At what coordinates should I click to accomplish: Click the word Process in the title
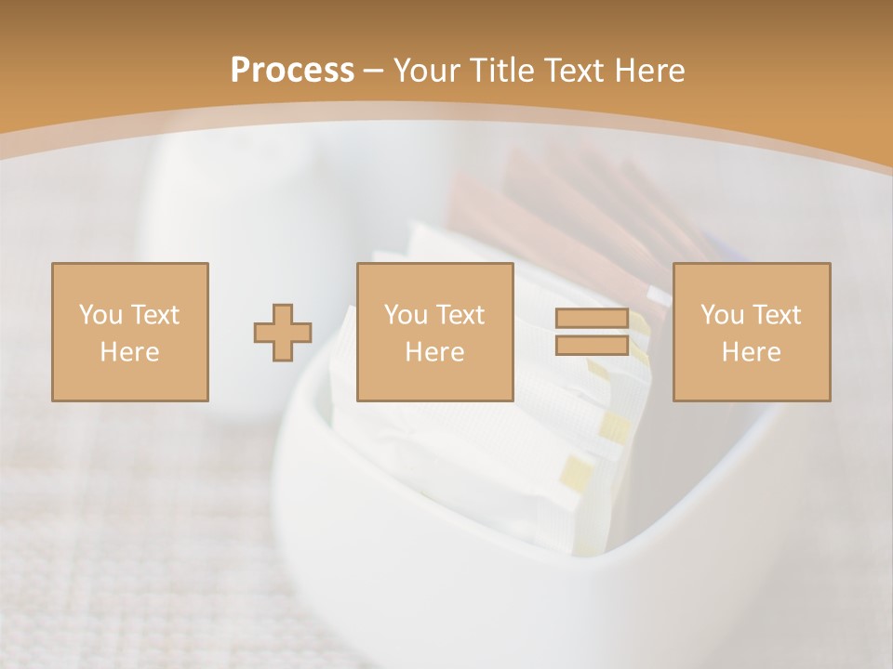point(292,71)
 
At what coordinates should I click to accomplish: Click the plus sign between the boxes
point(284,333)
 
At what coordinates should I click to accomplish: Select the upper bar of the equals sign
point(591,319)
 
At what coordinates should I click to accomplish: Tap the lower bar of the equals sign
point(591,346)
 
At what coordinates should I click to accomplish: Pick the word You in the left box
point(100,315)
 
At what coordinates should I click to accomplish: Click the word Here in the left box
point(129,352)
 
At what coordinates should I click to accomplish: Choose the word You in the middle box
point(406,315)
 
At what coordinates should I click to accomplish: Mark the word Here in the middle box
point(434,352)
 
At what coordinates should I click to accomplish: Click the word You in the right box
point(722,315)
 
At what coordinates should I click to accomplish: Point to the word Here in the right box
point(751,352)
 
